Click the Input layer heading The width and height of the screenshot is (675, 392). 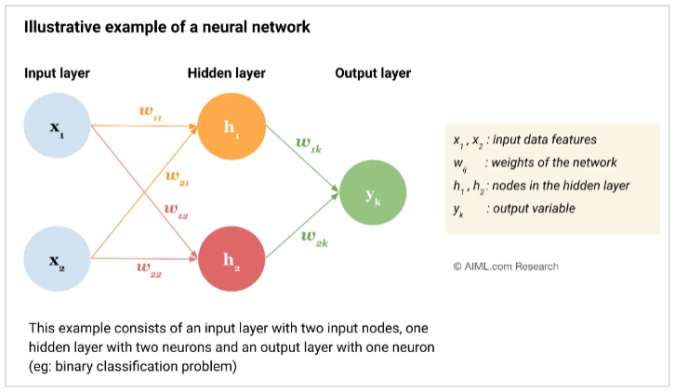(57, 73)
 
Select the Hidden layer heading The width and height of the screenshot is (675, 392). (226, 73)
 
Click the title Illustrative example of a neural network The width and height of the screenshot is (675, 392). (167, 28)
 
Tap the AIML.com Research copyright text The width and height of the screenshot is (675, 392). (506, 267)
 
